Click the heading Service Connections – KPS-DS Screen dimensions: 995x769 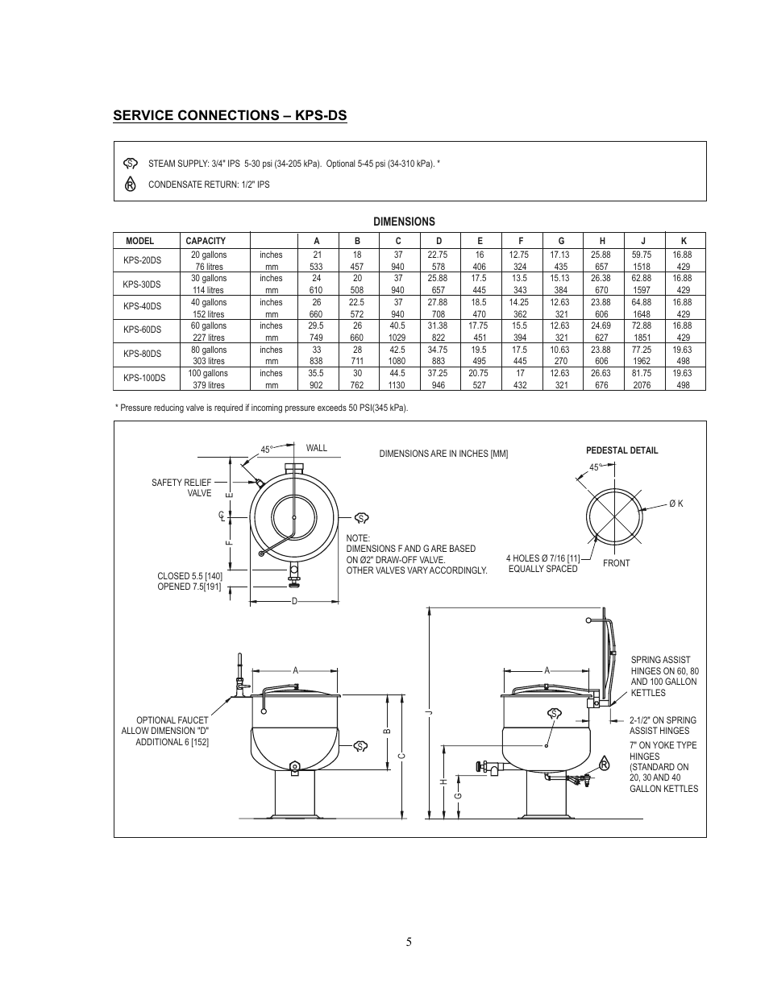coord(230,116)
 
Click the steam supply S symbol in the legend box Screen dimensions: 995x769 coord(130,164)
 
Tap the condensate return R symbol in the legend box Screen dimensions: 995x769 coord(130,184)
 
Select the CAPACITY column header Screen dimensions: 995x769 coord(206,241)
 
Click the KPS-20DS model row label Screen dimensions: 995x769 coord(142,260)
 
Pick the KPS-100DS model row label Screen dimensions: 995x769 coord(144,379)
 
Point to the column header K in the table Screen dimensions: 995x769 coord(684,241)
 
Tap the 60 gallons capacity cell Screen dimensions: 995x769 coord(208,325)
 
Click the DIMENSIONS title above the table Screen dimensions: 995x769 coord(403,222)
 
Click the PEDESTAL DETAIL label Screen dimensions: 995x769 coord(621,450)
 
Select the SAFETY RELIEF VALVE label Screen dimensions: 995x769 coord(181,488)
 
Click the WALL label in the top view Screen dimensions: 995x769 coord(317,448)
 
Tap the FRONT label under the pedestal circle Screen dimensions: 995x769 coord(616,563)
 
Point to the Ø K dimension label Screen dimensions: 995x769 coord(675,504)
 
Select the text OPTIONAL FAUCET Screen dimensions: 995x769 coord(172,720)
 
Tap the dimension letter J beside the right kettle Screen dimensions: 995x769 coord(430,712)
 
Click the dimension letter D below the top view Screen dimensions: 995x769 coord(294,601)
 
